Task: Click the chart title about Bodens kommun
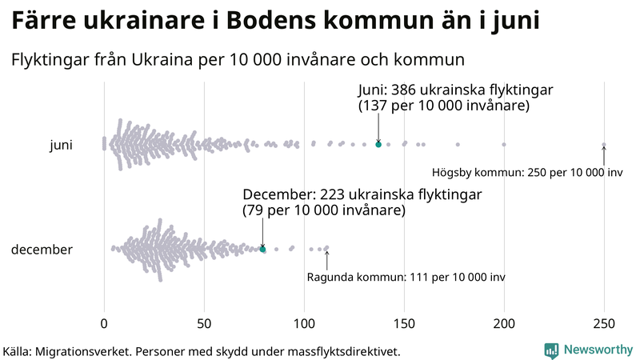[276, 21]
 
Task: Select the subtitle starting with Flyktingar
[238, 59]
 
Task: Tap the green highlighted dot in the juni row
[378, 145]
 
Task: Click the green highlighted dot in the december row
[262, 250]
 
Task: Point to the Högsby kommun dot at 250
[604, 145]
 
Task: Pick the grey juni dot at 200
[504, 145]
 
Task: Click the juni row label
[62, 145]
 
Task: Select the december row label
[42, 250]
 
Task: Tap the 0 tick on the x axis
[104, 324]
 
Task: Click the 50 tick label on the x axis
[204, 324]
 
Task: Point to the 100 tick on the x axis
[304, 324]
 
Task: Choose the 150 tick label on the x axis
[404, 324]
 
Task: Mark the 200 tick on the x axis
[504, 324]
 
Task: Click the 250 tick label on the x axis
[604, 324]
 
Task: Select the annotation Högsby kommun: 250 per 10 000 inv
[527, 173]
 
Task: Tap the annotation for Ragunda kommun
[406, 278]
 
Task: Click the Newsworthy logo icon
[551, 350]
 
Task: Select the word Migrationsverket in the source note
[83, 351]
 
